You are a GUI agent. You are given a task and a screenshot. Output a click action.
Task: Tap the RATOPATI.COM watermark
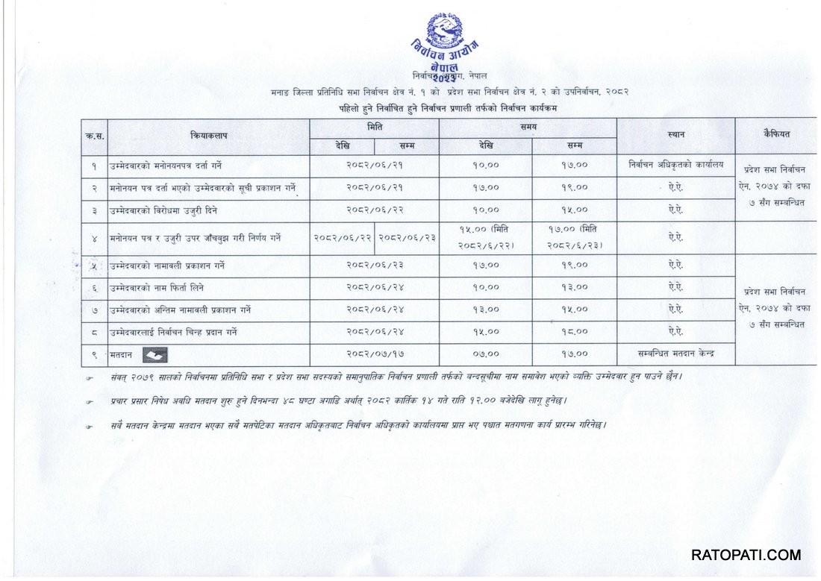[x=745, y=555]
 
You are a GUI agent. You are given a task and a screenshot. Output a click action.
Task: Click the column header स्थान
[x=676, y=135]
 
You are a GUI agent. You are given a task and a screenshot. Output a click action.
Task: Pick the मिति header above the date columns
[x=375, y=128]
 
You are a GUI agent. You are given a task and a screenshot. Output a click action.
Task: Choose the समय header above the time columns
[x=528, y=128]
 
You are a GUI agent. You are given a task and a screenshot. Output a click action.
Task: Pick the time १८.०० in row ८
[x=574, y=332]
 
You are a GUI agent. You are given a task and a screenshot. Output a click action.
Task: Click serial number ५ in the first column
[x=94, y=266]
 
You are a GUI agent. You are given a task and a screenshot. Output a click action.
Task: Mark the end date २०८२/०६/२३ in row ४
[x=406, y=238]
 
